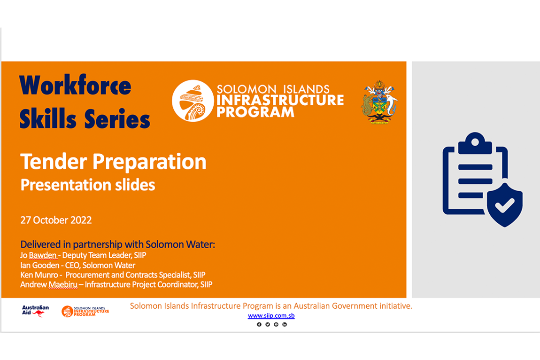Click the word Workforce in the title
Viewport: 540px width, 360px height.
coord(75,85)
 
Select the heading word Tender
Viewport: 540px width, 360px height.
coord(54,161)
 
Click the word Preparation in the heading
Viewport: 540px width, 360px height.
coord(149,162)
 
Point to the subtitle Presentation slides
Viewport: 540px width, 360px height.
coord(88,185)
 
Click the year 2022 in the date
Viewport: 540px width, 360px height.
coord(81,220)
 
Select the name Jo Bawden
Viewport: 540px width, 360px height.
coord(38,255)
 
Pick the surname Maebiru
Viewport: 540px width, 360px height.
coord(63,284)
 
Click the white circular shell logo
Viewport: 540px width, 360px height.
coord(193,101)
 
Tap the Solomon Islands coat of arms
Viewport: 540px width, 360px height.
coord(379,102)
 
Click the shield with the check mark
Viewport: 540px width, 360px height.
coord(504,205)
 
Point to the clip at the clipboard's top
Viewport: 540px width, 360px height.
coord(475,143)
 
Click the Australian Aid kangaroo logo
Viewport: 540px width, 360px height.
coord(35,311)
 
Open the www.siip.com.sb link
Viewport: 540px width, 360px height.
coord(271,315)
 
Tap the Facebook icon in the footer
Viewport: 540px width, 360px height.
coord(259,324)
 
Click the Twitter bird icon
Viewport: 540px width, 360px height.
coord(268,324)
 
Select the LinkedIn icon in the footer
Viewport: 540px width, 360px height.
coord(285,324)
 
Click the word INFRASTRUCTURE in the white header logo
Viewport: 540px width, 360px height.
coord(280,100)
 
